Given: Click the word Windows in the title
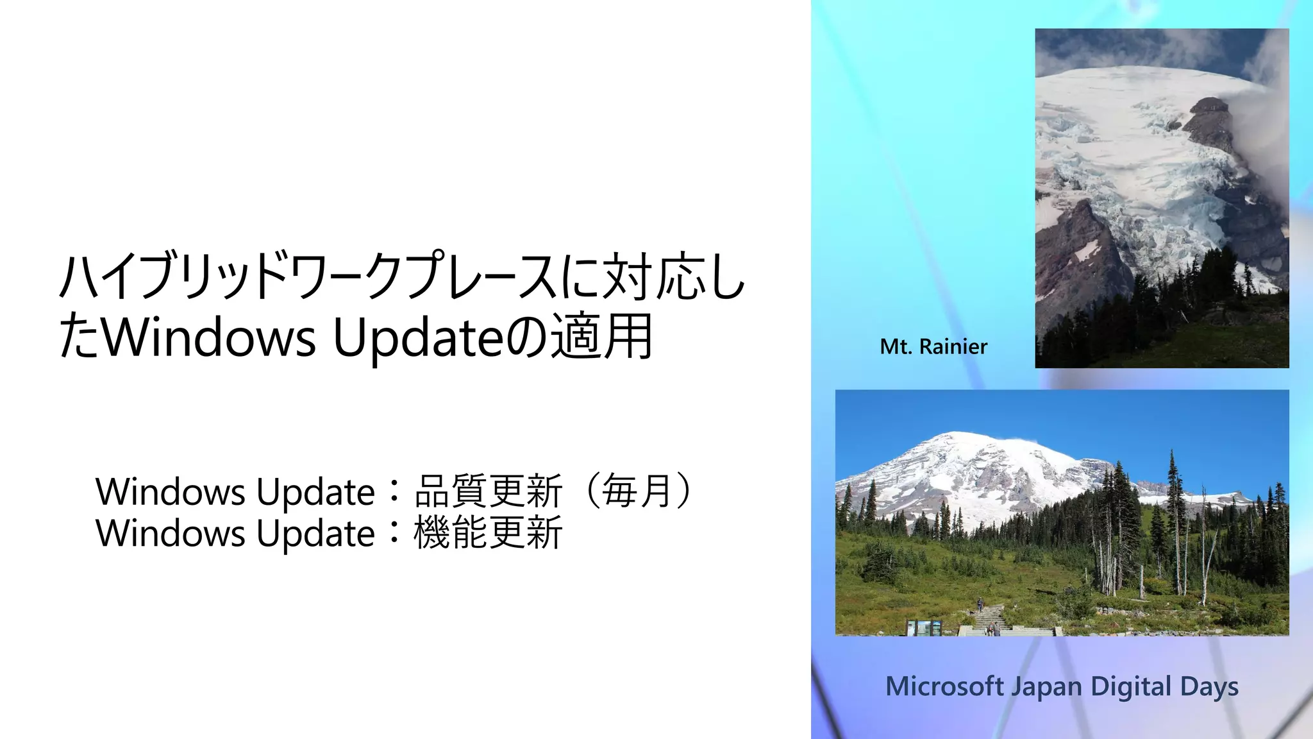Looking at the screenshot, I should coord(209,337).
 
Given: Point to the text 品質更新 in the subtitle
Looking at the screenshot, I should coord(488,491).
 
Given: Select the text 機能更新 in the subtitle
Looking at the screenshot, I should coord(488,533).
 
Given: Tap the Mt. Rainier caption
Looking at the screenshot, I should coord(933,347).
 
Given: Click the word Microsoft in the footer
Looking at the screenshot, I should coord(944,686).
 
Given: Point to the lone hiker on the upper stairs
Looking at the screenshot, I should coord(980,604).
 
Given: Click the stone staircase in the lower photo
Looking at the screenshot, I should coord(991,618).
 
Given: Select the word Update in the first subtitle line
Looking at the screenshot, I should coord(315,493).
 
